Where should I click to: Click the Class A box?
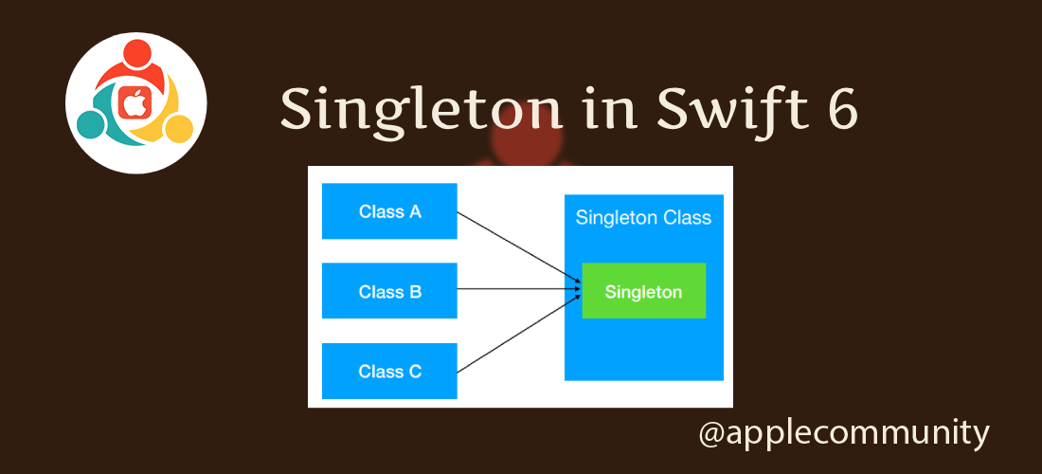[389, 211]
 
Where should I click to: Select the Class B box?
[389, 291]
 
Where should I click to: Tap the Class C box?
[389, 371]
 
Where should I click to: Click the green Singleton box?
[643, 291]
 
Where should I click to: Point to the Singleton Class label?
[643, 218]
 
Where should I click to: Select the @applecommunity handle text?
[843, 433]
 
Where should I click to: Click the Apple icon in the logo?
[135, 100]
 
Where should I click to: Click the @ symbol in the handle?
[711, 434]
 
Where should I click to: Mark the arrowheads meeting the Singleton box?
[577, 289]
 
